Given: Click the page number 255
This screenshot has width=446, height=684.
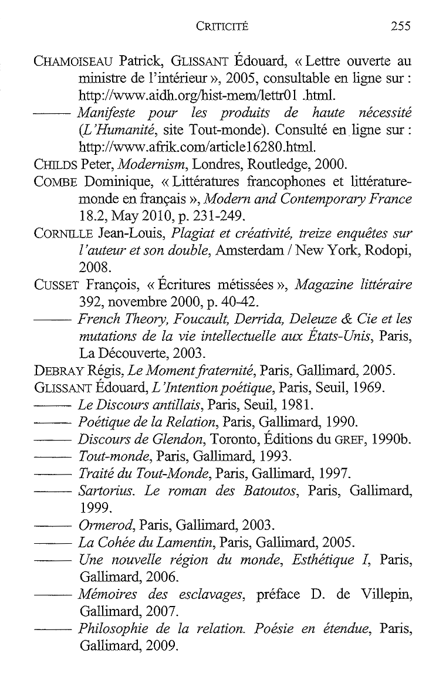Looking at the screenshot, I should point(400,26).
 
